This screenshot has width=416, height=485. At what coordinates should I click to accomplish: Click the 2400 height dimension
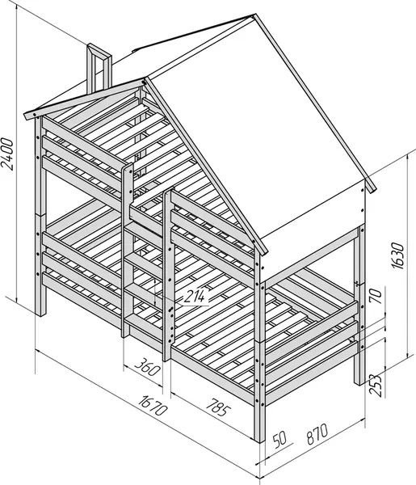(x=7, y=154)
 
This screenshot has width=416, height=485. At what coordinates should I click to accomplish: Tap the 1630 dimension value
(x=397, y=255)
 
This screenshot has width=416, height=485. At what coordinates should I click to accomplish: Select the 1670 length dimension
(x=153, y=405)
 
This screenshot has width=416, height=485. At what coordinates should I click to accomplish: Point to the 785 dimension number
(x=219, y=407)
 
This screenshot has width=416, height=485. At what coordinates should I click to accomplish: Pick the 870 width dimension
(x=317, y=434)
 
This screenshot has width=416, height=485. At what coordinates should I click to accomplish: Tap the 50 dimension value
(x=280, y=439)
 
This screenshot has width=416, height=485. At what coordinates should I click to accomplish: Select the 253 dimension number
(x=376, y=386)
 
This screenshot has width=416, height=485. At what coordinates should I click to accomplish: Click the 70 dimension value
(x=376, y=296)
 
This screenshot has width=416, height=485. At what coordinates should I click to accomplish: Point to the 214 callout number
(x=195, y=297)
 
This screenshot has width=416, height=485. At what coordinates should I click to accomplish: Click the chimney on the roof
(x=99, y=69)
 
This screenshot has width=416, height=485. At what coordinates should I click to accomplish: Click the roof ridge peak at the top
(x=254, y=15)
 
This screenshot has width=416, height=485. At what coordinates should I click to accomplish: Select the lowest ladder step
(x=143, y=322)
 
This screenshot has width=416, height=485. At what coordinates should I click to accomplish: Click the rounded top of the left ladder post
(x=128, y=167)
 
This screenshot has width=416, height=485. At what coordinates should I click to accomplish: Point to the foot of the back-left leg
(x=40, y=313)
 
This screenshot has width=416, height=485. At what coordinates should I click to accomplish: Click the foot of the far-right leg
(x=359, y=382)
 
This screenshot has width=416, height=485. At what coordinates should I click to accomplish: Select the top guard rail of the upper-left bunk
(x=83, y=141)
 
